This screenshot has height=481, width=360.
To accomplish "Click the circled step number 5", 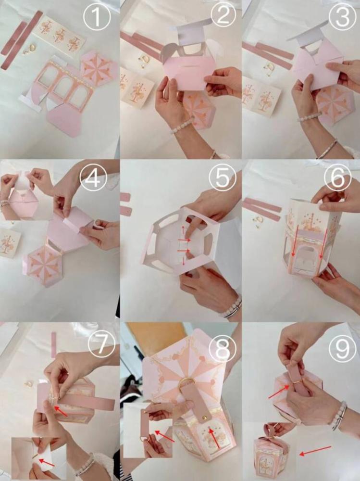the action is coord(223,178).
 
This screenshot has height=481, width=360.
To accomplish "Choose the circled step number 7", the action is coord(101,343).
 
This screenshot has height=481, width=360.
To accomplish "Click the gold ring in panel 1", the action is coord(32,48).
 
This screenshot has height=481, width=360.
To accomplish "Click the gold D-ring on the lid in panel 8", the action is coord(187,383).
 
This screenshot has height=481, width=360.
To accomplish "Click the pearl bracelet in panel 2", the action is coord(182,126).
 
